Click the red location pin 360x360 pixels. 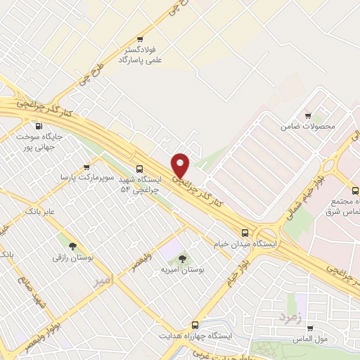click(181, 165)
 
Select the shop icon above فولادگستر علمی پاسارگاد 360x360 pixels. click(140, 39)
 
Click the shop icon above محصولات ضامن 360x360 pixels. click(307, 116)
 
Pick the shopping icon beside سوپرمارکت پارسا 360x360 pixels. click(86, 167)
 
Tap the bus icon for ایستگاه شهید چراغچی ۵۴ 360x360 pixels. click(139, 169)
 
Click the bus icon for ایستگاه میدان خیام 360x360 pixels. click(245, 232)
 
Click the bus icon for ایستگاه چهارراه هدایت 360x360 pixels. click(195, 326)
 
